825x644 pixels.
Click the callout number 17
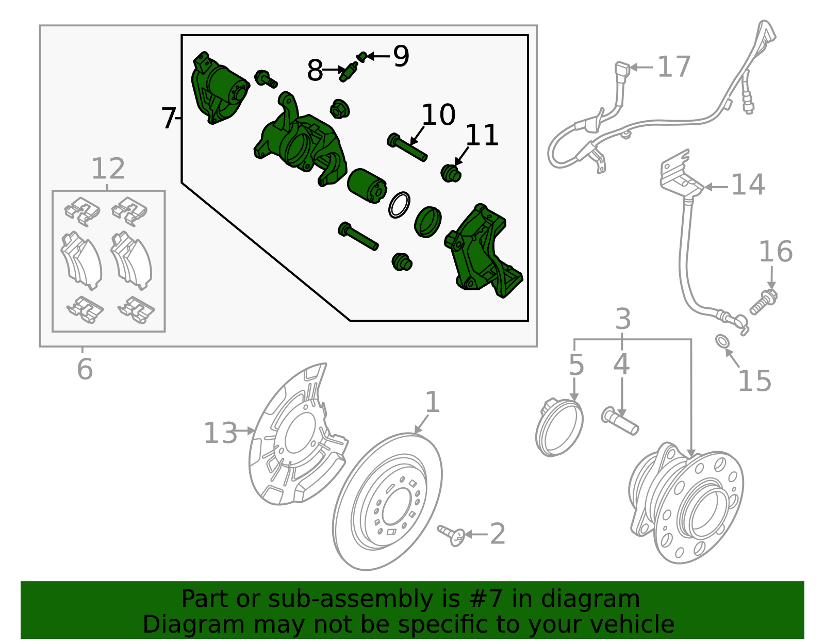click(x=673, y=68)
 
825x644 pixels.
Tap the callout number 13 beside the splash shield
click(x=220, y=433)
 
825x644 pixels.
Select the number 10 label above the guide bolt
click(x=438, y=115)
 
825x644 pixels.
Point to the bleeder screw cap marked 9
click(x=362, y=56)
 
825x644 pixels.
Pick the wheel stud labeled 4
click(x=620, y=421)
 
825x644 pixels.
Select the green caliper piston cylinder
click(x=366, y=186)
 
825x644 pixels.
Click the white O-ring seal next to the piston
click(x=399, y=205)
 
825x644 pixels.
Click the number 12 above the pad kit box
click(x=108, y=169)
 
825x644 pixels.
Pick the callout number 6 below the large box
click(x=85, y=369)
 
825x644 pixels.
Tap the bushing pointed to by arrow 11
click(x=451, y=173)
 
